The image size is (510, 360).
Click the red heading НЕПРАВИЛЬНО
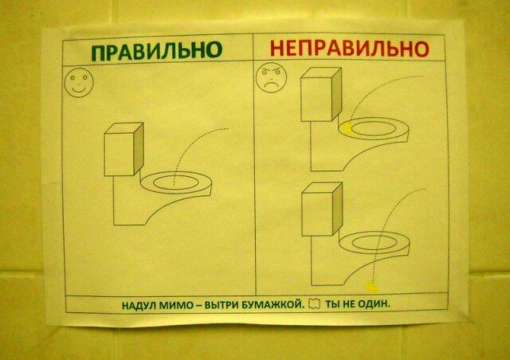click(343, 49)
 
